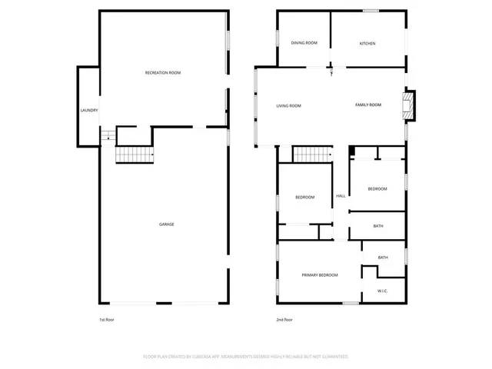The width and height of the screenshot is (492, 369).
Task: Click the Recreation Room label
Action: (163, 73)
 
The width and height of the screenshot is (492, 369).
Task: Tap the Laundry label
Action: (88, 111)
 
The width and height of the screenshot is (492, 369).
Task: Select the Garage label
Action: (166, 224)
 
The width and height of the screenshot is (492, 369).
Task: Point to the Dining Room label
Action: (304, 43)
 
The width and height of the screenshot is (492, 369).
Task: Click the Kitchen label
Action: (367, 43)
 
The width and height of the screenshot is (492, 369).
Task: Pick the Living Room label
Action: (288, 105)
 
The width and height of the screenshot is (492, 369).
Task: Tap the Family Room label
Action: (367, 105)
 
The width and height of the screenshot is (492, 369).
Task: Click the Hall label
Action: (341, 196)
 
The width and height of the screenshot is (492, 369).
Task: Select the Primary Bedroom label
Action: (319, 274)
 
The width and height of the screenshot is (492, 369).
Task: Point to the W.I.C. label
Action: (382, 291)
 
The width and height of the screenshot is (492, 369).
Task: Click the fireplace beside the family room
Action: (411, 106)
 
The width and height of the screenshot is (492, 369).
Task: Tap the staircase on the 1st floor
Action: (134, 154)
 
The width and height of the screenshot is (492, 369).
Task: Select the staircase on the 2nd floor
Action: (311, 154)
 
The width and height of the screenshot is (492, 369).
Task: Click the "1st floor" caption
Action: (106, 320)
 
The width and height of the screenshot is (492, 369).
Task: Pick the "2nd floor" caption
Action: (284, 320)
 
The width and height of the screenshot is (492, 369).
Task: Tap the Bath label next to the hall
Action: (377, 226)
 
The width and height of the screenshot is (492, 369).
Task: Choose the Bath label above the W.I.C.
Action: (382, 258)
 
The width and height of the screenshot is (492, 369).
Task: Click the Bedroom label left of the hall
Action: (304, 198)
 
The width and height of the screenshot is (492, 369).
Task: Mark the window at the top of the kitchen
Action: (371, 11)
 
